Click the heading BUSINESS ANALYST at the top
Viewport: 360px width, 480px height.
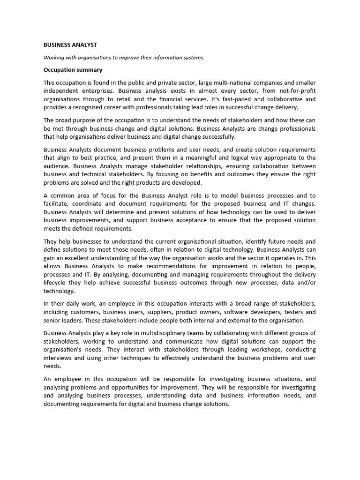pos(70,45)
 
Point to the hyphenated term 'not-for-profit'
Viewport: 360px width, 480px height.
pos(296,91)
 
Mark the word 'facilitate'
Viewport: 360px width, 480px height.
pos(57,203)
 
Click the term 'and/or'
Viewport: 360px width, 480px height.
pos(306,283)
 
